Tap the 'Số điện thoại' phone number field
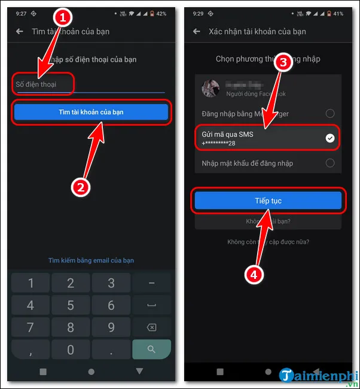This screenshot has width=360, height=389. (x=90, y=85)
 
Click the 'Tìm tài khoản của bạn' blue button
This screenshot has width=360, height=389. (x=91, y=112)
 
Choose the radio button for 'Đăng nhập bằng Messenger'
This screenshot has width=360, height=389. (x=330, y=113)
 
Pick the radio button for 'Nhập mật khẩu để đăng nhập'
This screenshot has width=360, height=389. (x=330, y=163)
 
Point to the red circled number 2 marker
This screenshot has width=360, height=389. (x=81, y=186)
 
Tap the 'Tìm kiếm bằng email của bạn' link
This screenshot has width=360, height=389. (x=91, y=260)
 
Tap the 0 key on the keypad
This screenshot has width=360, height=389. (x=71, y=348)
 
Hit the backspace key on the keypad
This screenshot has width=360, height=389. (x=151, y=327)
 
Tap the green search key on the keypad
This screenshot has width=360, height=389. (x=151, y=348)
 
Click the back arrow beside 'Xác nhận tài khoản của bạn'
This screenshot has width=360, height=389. (x=197, y=31)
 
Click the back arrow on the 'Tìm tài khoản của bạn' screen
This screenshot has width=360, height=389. (x=20, y=31)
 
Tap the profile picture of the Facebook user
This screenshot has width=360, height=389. (x=211, y=89)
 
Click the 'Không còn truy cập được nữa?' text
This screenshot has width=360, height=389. (x=268, y=242)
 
